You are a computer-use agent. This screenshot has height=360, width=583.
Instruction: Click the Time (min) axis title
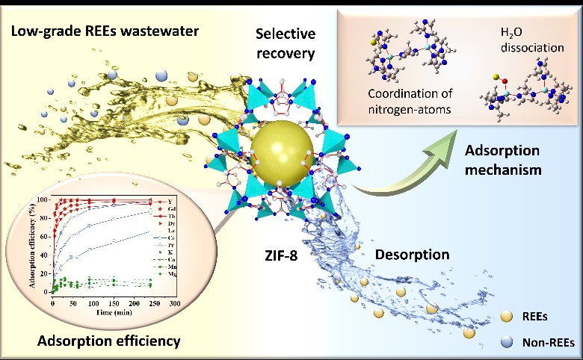(x=112, y=313)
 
